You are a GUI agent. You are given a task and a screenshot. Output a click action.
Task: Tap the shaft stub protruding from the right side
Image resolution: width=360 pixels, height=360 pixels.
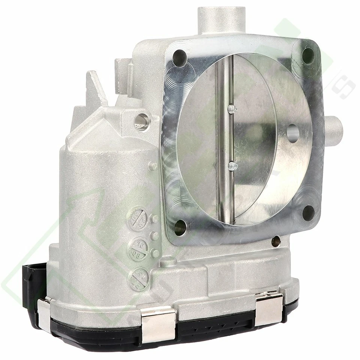334,128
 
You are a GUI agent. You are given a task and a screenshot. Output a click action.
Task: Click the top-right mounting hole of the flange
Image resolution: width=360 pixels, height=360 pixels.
308,55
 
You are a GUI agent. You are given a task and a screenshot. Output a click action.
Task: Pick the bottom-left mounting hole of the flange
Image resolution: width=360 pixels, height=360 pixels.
180,227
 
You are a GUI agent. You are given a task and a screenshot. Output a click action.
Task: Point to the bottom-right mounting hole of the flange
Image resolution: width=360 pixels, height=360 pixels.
308,213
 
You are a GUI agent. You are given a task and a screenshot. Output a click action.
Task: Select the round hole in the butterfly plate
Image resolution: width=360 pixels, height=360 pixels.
293,133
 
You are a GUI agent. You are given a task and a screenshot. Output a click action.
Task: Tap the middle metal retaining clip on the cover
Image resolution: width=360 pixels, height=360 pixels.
158,324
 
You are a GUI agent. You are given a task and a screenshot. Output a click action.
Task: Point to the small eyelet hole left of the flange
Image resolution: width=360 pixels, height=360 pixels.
142,121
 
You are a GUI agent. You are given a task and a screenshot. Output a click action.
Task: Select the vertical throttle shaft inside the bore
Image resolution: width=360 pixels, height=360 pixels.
225,139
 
